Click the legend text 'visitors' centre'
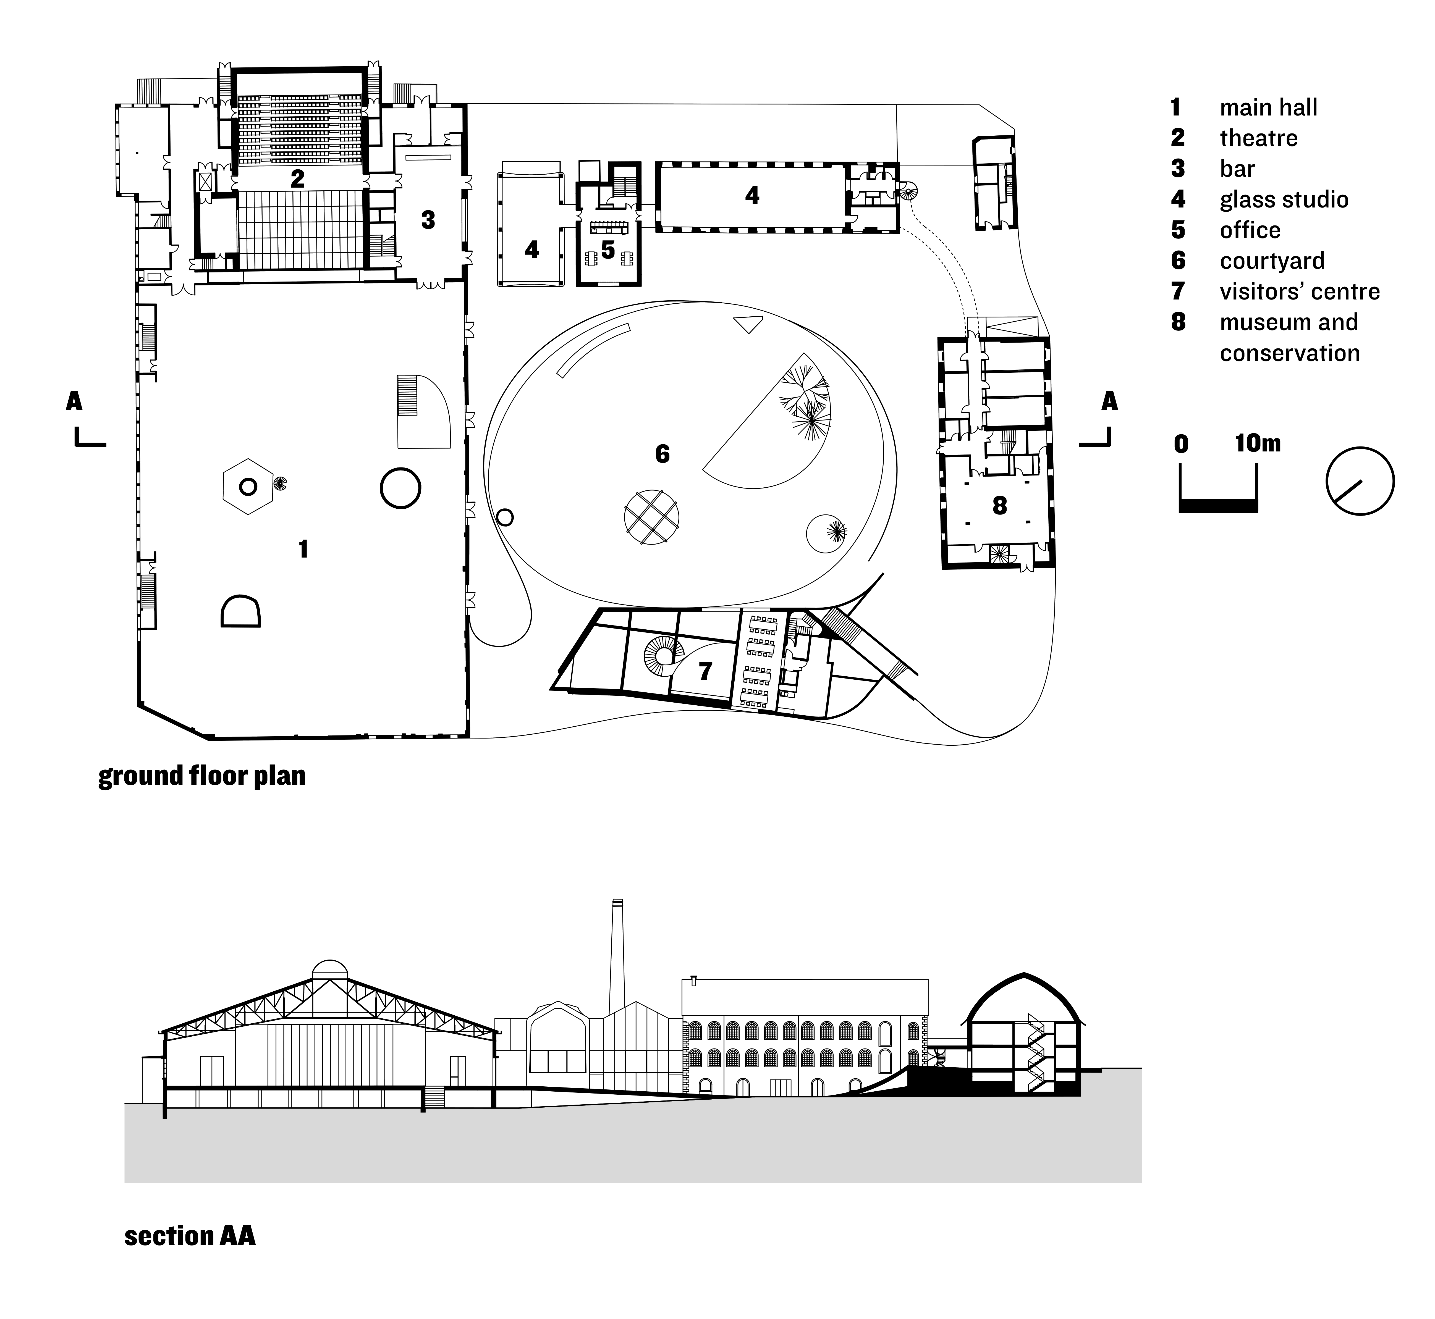1299,291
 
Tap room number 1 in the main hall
303,549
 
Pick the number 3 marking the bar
428,220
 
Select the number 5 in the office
607,250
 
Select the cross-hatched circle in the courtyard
651,517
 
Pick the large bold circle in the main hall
400,488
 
